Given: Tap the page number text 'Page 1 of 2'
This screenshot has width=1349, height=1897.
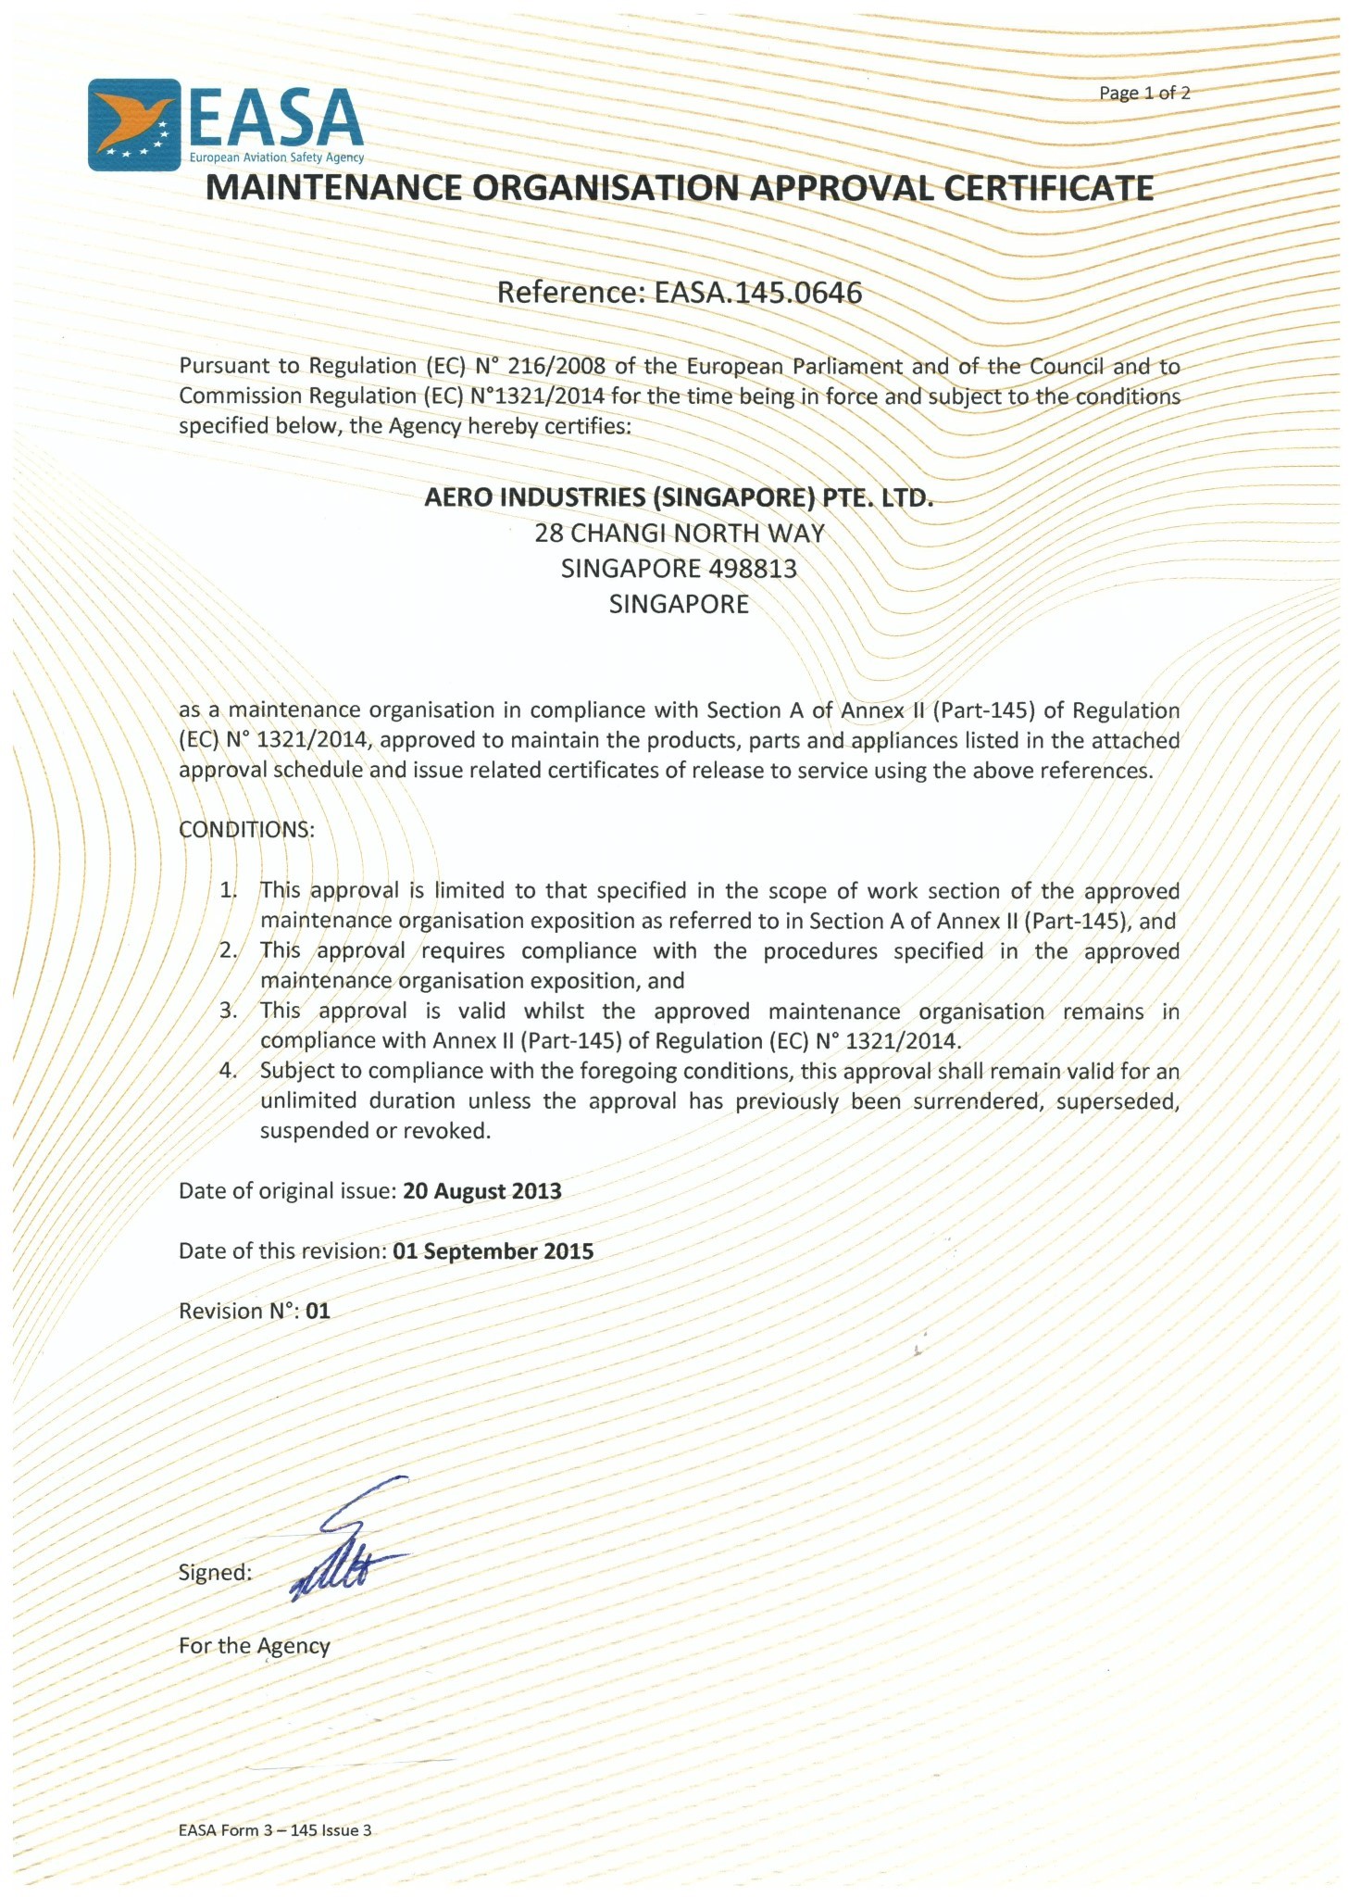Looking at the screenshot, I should point(1143,93).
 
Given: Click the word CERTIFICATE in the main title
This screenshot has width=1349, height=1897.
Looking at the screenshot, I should point(1048,188).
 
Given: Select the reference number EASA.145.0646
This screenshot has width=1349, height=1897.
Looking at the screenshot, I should point(757,293).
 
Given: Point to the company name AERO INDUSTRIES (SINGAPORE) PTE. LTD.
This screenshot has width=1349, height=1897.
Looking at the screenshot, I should point(679,497).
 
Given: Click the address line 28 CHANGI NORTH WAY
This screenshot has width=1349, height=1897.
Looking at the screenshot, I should point(679,534).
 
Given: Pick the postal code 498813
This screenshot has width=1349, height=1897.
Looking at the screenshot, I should point(752,569).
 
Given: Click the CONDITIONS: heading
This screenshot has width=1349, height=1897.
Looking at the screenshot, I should point(246,830).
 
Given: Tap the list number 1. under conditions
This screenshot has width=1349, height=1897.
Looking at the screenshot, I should point(228,891).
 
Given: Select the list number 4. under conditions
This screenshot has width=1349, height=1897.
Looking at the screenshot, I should point(228,1071).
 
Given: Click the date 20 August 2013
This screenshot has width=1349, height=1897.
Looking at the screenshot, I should point(481,1191).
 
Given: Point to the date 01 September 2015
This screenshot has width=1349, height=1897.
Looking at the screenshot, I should point(493,1251).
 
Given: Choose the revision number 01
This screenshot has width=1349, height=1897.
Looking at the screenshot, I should point(318,1312).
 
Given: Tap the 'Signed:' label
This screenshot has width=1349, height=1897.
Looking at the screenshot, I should point(215,1573).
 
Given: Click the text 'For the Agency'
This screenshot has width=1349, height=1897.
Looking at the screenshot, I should point(254,1646).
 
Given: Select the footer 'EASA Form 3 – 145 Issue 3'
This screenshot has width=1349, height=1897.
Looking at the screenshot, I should point(274,1830).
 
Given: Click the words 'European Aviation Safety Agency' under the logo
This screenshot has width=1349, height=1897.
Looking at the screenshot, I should point(276,158).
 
